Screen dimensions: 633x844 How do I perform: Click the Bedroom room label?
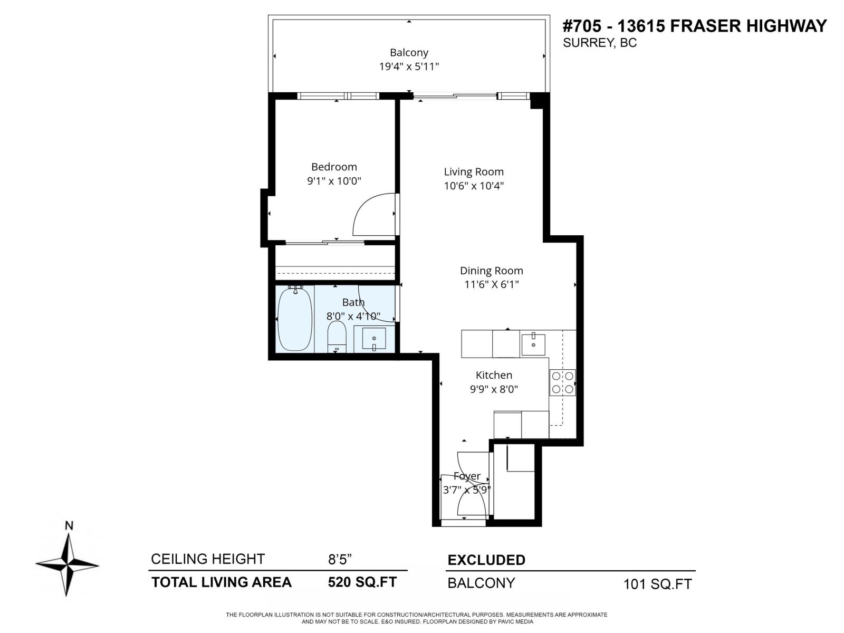334,167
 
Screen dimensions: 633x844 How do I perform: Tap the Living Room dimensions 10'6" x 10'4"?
474,186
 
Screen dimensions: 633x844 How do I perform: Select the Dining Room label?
491,271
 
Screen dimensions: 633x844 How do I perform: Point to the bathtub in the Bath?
295,319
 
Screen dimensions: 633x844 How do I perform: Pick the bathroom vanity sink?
373,339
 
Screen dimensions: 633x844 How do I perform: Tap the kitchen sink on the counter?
534,344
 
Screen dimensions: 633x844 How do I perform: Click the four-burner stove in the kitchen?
562,383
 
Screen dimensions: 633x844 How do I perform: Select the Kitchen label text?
494,375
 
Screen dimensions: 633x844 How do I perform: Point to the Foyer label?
467,476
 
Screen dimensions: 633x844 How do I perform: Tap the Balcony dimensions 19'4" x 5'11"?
409,66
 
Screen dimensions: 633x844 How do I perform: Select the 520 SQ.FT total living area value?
362,582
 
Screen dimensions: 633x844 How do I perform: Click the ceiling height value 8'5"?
340,559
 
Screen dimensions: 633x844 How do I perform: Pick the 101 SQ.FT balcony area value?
657,584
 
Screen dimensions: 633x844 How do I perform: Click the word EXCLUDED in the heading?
486,560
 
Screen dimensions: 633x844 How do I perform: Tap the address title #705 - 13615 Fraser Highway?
694,26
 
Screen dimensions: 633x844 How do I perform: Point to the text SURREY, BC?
599,43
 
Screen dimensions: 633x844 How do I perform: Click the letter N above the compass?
69,525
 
